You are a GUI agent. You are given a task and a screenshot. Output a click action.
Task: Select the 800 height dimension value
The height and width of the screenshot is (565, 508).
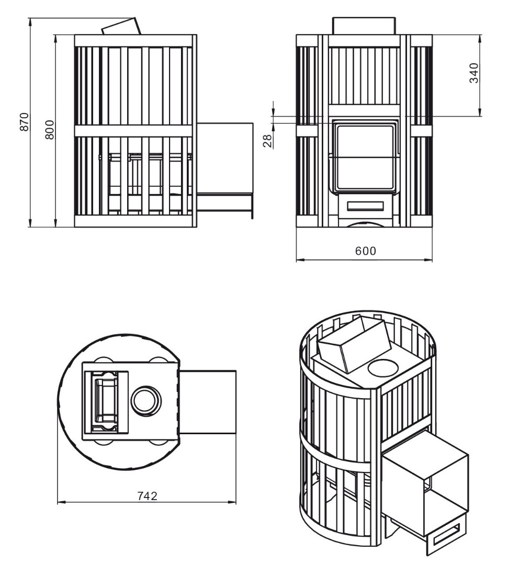coord(49,129)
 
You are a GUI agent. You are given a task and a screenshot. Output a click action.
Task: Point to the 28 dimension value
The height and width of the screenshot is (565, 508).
coord(267,140)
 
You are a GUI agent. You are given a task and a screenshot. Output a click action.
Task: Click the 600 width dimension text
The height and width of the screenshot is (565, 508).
coord(365,251)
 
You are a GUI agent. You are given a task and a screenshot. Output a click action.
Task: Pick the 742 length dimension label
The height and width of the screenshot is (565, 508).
coord(148,496)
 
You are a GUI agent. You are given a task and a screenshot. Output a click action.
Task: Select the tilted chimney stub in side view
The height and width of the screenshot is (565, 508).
coord(121,27)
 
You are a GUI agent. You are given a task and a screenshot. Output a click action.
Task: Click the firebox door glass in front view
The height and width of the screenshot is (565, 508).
coord(365,157)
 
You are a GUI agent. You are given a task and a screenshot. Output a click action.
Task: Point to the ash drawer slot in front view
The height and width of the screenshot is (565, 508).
coord(365,206)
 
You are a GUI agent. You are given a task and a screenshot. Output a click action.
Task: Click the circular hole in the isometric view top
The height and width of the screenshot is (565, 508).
coord(383,368)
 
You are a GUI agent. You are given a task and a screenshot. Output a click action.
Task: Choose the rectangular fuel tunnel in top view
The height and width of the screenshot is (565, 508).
coord(208,402)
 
